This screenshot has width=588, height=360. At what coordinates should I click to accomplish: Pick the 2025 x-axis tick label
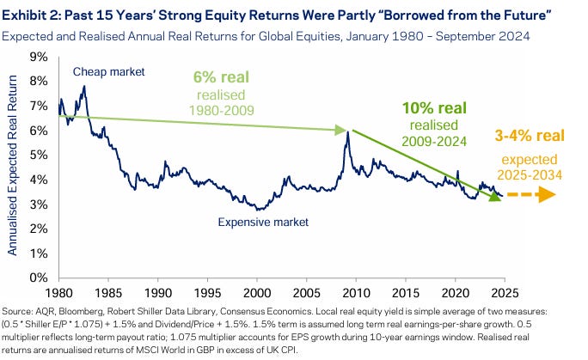(503, 292)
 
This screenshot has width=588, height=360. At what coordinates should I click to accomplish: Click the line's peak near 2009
(346, 131)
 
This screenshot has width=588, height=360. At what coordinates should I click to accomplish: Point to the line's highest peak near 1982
(83, 87)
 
